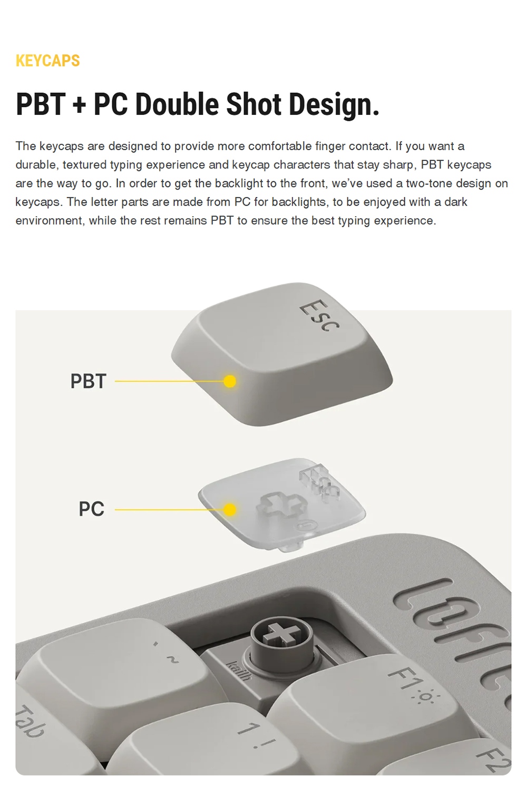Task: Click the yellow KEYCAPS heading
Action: pos(48,61)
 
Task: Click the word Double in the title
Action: pos(177,104)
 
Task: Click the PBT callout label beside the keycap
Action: pos(89,381)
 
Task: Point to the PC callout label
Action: pos(92,509)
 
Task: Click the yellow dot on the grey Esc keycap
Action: pos(230,381)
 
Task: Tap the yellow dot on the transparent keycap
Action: pos(230,509)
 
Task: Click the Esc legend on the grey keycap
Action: pos(319,316)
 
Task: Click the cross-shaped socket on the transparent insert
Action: pos(278,505)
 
